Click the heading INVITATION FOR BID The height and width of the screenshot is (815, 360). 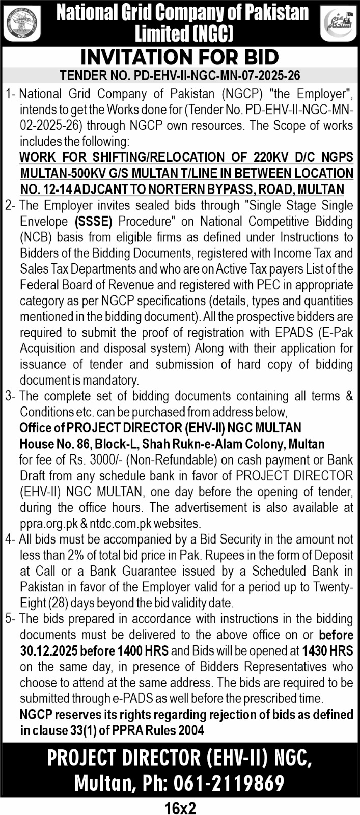(x=180, y=56)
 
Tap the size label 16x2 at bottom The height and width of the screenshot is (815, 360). (x=180, y=808)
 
